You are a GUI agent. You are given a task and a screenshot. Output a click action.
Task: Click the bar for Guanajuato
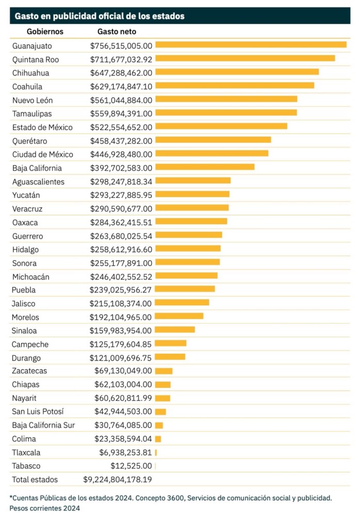point(251,45)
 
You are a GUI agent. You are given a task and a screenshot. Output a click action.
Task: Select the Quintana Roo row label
point(36,59)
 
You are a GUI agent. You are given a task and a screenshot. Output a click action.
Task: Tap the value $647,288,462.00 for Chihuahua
point(121,73)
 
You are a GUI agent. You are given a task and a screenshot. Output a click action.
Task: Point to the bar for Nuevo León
point(226,99)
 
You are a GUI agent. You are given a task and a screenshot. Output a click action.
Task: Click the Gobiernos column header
point(45,31)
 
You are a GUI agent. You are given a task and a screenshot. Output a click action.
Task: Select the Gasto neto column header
point(117,31)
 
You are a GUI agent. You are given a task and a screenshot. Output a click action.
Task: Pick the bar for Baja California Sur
point(159,425)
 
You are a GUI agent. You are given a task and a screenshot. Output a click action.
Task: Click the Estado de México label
point(42,127)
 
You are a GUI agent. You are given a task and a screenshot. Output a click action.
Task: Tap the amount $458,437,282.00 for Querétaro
point(121,141)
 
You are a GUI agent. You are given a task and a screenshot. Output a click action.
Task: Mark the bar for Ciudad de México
point(211,153)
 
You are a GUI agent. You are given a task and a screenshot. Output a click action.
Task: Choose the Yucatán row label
point(26,195)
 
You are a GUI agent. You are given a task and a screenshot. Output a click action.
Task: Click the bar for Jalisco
point(182,303)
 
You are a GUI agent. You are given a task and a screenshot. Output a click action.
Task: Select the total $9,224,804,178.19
point(118,480)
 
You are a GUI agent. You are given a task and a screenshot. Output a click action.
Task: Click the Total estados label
point(35,480)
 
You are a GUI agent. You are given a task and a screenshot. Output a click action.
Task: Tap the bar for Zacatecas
point(163,371)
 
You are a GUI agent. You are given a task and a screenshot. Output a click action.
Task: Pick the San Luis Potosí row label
point(39,411)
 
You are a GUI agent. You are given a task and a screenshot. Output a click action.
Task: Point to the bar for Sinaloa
point(175,329)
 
